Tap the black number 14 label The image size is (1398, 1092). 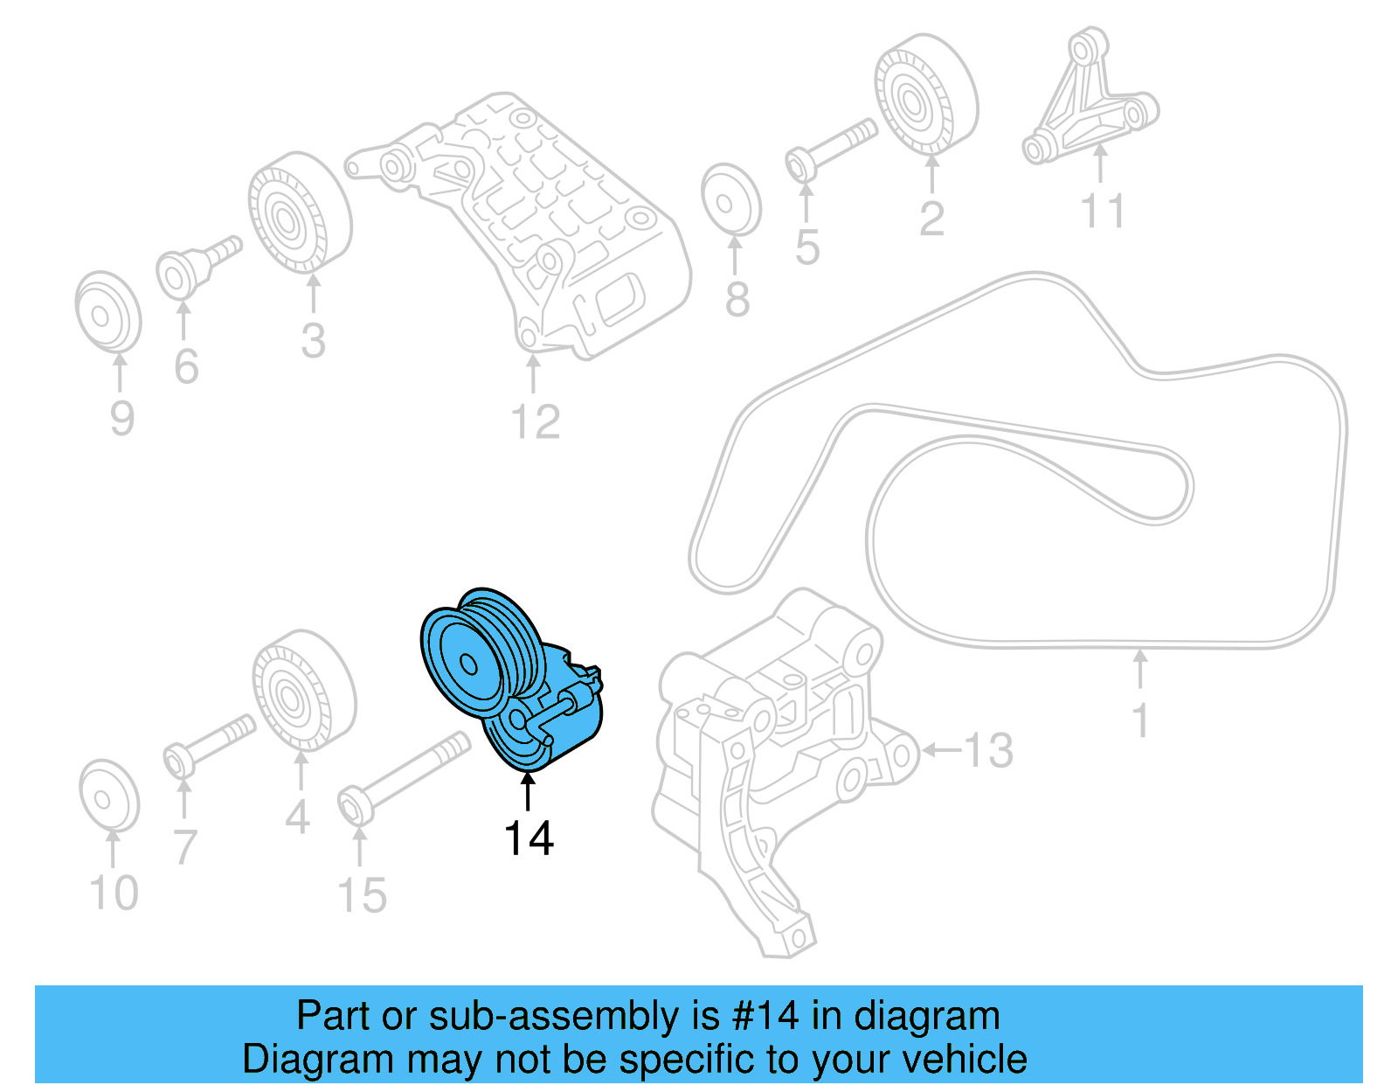pyautogui.click(x=529, y=838)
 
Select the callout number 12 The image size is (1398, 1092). pyautogui.click(x=535, y=422)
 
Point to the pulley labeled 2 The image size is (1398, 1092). pyautogui.click(x=925, y=94)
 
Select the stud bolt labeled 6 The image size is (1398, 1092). pyautogui.click(x=197, y=262)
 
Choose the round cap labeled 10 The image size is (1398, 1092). pyautogui.click(x=108, y=796)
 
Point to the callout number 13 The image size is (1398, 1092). pyautogui.click(x=987, y=750)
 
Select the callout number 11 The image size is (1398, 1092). pyautogui.click(x=1102, y=211)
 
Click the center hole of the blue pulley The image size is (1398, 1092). pyautogui.click(x=469, y=664)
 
